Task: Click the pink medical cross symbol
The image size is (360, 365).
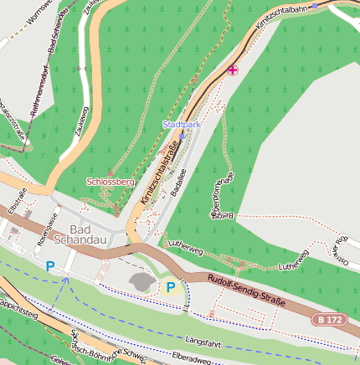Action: [x=233, y=70]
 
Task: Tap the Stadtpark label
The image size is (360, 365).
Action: [x=183, y=124]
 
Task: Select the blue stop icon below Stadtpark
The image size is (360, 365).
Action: [x=182, y=133]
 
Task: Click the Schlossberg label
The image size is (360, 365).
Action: [x=111, y=181]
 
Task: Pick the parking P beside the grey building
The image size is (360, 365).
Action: [x=171, y=287]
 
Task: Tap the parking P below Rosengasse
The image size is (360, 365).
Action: [x=49, y=266]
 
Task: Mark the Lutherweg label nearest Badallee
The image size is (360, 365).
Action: [x=186, y=248]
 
